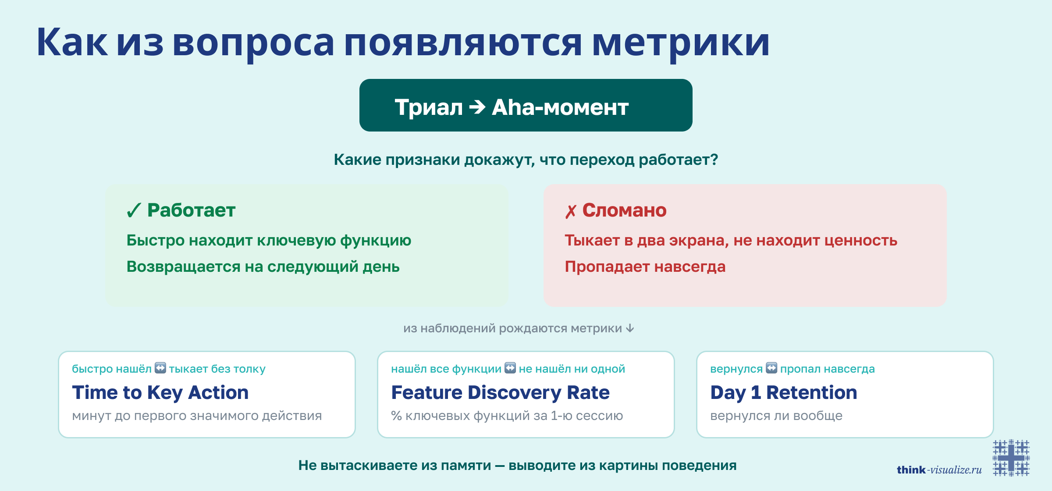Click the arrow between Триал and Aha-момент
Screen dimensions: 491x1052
(x=477, y=107)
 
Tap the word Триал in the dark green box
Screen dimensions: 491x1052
(x=428, y=107)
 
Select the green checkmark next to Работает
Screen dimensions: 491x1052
(x=133, y=210)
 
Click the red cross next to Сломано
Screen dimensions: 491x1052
(x=570, y=212)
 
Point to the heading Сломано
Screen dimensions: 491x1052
(x=624, y=210)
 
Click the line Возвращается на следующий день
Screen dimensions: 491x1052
(x=263, y=267)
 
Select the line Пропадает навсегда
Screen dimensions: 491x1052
(x=645, y=267)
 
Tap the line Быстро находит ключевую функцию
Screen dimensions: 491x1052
(x=269, y=240)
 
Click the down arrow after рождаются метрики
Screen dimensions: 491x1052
(x=630, y=328)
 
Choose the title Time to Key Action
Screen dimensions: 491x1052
(x=160, y=392)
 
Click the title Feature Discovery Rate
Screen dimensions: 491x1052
(x=500, y=392)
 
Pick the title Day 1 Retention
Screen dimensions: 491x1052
(x=783, y=392)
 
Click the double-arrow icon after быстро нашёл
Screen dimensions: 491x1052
(x=160, y=368)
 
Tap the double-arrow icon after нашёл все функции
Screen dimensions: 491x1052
(x=510, y=368)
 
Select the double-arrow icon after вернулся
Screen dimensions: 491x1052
(x=771, y=368)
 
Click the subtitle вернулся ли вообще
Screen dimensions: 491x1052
(x=776, y=416)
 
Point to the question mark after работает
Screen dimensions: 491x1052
(x=714, y=160)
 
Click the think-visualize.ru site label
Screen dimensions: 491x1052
(x=939, y=470)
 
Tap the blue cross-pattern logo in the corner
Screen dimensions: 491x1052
(x=1011, y=458)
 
